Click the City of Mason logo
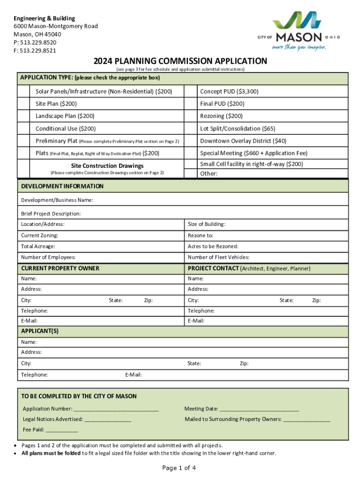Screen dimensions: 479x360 [299, 31]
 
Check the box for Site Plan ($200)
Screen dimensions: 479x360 [26, 104]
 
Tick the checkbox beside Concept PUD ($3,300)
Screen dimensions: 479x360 [190, 92]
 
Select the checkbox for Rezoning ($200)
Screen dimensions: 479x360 [190, 116]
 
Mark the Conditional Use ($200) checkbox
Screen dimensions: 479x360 [26, 129]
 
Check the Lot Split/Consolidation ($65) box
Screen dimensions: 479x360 [190, 129]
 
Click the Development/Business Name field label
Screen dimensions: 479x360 [57, 200]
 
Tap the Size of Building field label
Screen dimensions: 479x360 [206, 224]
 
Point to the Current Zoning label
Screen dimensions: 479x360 [40, 235]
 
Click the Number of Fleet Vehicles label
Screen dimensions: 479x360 [218, 257]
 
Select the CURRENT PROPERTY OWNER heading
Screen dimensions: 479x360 [60, 269]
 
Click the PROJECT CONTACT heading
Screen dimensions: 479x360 [212, 269]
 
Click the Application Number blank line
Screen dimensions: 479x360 [116, 409]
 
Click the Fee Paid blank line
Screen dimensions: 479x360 [62, 429]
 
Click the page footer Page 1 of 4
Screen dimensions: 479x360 [179, 468]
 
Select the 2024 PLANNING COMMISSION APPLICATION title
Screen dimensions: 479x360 [180, 61]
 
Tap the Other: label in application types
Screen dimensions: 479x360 [209, 174]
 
